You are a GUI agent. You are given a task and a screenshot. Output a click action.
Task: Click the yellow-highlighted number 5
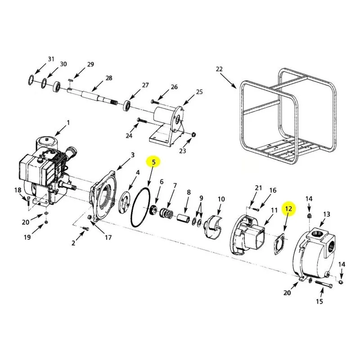tap(153, 162)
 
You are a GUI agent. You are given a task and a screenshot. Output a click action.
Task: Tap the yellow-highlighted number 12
tap(288, 209)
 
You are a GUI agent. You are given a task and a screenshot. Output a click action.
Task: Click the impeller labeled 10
tap(213, 226)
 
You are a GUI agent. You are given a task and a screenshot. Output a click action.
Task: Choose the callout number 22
tap(219, 69)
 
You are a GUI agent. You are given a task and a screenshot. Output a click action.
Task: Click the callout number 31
tap(51, 59)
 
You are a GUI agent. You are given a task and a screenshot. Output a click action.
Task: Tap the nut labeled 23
tap(194, 134)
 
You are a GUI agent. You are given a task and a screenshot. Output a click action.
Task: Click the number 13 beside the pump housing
tap(327, 214)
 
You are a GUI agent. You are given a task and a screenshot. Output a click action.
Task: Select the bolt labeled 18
tap(28, 201)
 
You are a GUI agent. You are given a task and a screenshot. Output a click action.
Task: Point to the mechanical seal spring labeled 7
tap(166, 213)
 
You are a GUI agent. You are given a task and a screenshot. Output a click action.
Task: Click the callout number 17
tap(108, 238)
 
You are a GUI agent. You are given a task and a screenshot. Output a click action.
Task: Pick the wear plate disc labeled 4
tap(125, 202)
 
